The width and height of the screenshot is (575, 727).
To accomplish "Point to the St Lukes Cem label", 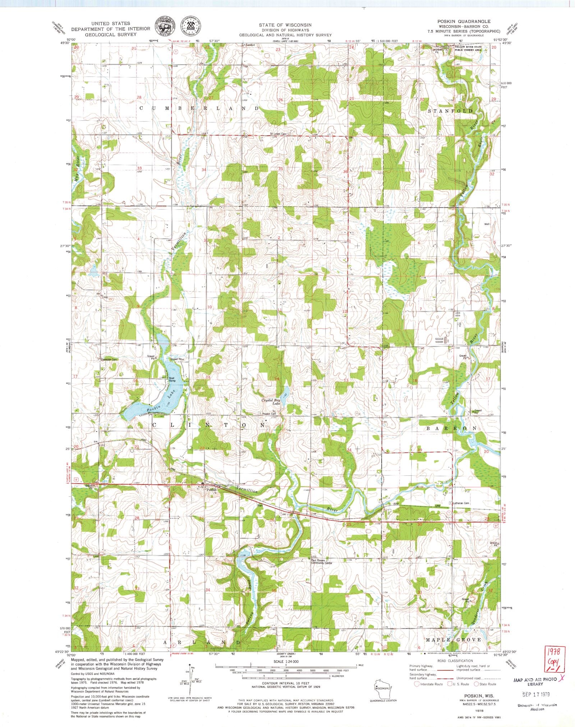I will (279, 134).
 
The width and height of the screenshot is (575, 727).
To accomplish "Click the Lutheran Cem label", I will (461, 503).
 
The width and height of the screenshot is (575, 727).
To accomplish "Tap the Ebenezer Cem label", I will (109, 359).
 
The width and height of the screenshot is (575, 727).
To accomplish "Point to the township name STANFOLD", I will (450, 111).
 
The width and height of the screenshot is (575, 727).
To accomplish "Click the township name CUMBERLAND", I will (199, 108).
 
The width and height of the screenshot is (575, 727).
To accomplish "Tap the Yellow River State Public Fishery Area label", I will (473, 48).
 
